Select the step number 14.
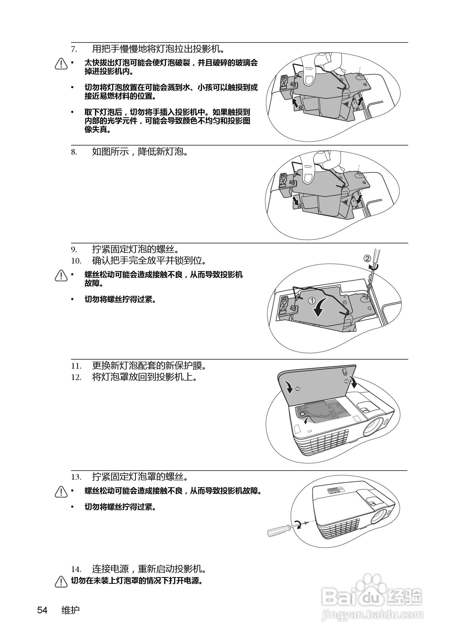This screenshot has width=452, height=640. point(76,569)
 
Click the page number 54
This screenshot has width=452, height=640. point(43,610)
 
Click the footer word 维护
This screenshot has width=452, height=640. point(70,610)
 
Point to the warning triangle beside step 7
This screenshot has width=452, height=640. point(61,64)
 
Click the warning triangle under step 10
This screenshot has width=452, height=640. point(61,276)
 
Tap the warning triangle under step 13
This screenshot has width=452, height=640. point(61,492)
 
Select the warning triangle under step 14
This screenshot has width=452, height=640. point(61,582)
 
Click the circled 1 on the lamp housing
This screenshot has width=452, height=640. point(312,300)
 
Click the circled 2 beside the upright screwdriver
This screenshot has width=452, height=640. point(368,258)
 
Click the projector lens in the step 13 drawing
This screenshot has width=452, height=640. point(379,516)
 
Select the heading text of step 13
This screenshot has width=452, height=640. point(140,477)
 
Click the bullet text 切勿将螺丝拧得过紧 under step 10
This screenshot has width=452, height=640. point(120,300)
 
